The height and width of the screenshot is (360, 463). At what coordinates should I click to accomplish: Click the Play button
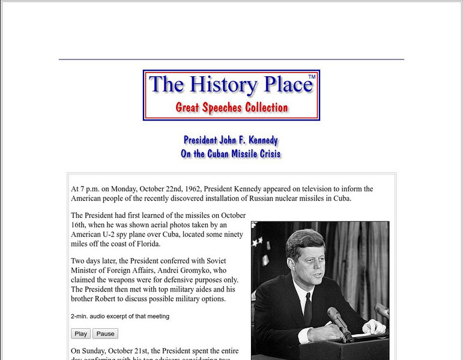point(80,334)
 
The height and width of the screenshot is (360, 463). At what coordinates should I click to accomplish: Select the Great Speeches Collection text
point(231,108)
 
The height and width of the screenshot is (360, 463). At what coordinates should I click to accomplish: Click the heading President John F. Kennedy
point(231,140)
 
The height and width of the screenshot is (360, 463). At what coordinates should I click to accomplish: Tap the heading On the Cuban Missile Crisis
point(231,154)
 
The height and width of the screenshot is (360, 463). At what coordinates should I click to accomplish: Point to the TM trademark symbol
point(312,77)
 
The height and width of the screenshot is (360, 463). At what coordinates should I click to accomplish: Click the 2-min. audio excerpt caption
point(120,316)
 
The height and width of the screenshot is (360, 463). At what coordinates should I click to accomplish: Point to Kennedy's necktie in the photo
point(307,308)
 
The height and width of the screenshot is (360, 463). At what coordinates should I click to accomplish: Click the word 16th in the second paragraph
point(80,225)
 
